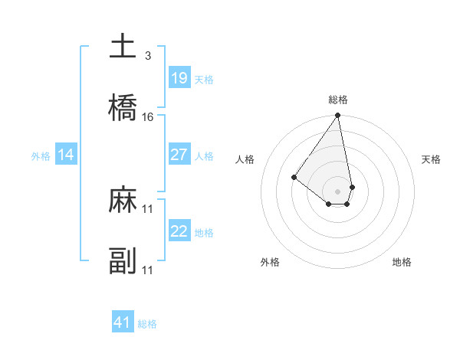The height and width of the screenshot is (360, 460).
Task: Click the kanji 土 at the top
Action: pos(123,46)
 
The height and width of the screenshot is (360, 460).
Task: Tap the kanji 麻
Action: pos(123,201)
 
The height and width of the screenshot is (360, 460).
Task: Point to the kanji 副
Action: pos(123,262)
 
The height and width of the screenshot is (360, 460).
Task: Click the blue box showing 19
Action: pos(179,77)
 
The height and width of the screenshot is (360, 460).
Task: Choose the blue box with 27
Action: pos(179,155)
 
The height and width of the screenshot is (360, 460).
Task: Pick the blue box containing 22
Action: pos(179,231)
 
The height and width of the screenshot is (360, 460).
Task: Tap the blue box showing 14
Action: pos(66,155)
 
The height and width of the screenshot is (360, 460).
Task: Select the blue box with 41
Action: pos(123,322)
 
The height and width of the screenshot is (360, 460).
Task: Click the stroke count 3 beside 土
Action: pos(147,55)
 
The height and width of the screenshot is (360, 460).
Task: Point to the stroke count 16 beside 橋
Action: pos(148,117)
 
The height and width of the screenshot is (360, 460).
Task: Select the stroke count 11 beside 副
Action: pos(148,270)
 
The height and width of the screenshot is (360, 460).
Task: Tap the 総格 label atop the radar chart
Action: pos(338,100)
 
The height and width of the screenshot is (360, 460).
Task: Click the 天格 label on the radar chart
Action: pos(432,159)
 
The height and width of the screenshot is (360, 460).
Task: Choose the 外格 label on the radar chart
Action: pos(270,262)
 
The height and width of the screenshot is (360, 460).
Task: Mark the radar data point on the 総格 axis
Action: pos(337,116)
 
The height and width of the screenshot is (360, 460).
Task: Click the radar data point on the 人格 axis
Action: pos(294,177)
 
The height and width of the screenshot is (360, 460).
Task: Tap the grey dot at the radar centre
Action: pos(337,191)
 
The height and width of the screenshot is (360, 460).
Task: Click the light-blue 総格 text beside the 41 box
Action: pos(147,324)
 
